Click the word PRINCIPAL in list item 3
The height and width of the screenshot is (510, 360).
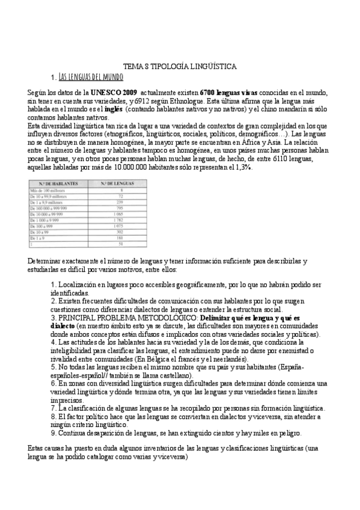point(79,317)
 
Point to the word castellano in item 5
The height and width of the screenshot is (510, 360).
point(172,375)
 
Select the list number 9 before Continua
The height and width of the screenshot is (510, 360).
point(53,432)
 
